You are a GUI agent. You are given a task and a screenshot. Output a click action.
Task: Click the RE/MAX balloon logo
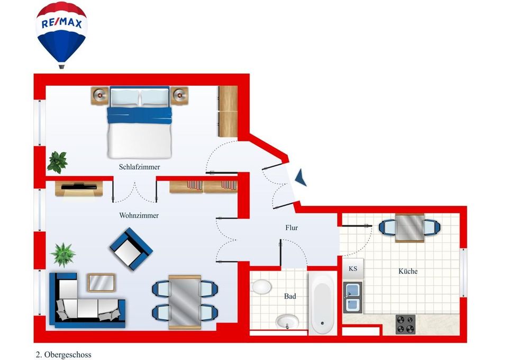click(x=61, y=34)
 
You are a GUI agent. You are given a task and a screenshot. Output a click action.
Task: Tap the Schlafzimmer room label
click(x=139, y=167)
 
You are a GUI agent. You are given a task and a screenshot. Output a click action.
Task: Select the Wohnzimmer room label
click(x=139, y=215)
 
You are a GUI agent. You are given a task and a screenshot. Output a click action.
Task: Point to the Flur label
click(x=292, y=228)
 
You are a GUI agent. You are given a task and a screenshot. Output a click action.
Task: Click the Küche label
click(x=408, y=271)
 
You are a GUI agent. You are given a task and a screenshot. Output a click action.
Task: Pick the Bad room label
click(x=290, y=296)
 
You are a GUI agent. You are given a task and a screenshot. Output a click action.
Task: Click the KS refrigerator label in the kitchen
click(x=353, y=269)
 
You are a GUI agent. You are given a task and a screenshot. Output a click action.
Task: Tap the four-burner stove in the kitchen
click(x=405, y=324)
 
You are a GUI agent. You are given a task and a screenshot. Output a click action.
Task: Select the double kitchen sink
click(x=353, y=298)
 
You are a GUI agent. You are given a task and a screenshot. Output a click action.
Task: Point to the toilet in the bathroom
click(x=261, y=287)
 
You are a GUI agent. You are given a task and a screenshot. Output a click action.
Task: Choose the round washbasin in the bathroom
click(x=287, y=322)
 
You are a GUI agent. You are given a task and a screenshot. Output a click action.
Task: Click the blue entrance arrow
click(x=301, y=177)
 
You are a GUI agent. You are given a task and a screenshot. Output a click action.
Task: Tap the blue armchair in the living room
click(x=131, y=249)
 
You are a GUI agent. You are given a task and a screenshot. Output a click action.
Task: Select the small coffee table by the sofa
click(x=101, y=283)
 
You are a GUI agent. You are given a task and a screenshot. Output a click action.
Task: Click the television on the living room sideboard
click(x=79, y=186)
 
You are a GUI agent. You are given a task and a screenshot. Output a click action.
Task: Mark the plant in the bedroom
click(x=58, y=162)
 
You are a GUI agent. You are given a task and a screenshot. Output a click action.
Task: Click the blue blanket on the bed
click(x=139, y=115)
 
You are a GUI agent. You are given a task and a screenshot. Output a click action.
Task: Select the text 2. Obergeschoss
click(x=63, y=355)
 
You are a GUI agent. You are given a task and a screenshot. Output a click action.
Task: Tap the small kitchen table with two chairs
click(x=410, y=228)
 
